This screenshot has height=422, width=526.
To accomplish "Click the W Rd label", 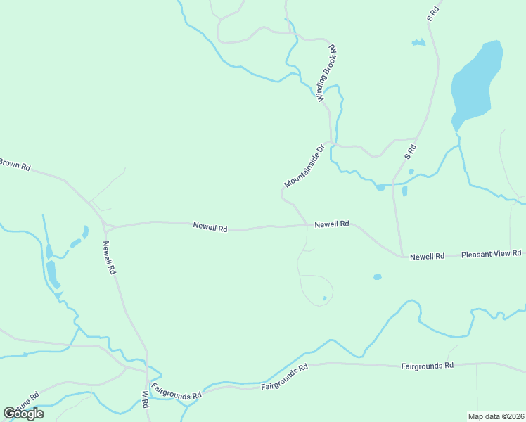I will pyautogui.click(x=145, y=401).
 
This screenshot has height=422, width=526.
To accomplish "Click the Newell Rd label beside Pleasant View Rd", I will pyautogui.click(x=427, y=257).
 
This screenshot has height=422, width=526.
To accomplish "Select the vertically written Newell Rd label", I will pyautogui.click(x=108, y=257).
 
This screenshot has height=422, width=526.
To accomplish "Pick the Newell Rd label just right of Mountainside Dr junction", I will pyautogui.click(x=332, y=224).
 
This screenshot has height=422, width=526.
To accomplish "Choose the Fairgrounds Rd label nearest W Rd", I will pyautogui.click(x=176, y=391).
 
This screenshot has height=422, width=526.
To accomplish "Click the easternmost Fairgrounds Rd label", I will pyautogui.click(x=428, y=366).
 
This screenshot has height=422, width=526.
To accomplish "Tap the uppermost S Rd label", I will pyautogui.click(x=433, y=13).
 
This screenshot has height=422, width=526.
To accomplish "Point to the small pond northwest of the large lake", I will pyautogui.click(x=418, y=43).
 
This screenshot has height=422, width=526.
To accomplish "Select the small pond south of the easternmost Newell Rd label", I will pyautogui.click(x=377, y=277).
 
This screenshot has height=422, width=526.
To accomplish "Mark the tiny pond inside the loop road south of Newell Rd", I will pyautogui.click(x=324, y=298).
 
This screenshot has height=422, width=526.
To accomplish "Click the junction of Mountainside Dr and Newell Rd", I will pyautogui.click(x=307, y=225).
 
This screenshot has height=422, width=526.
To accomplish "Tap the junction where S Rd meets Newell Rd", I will pyautogui.click(x=402, y=257).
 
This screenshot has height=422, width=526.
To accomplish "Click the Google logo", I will pyautogui.click(x=24, y=414).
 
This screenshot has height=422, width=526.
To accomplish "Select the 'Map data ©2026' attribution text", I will pyautogui.click(x=496, y=416).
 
